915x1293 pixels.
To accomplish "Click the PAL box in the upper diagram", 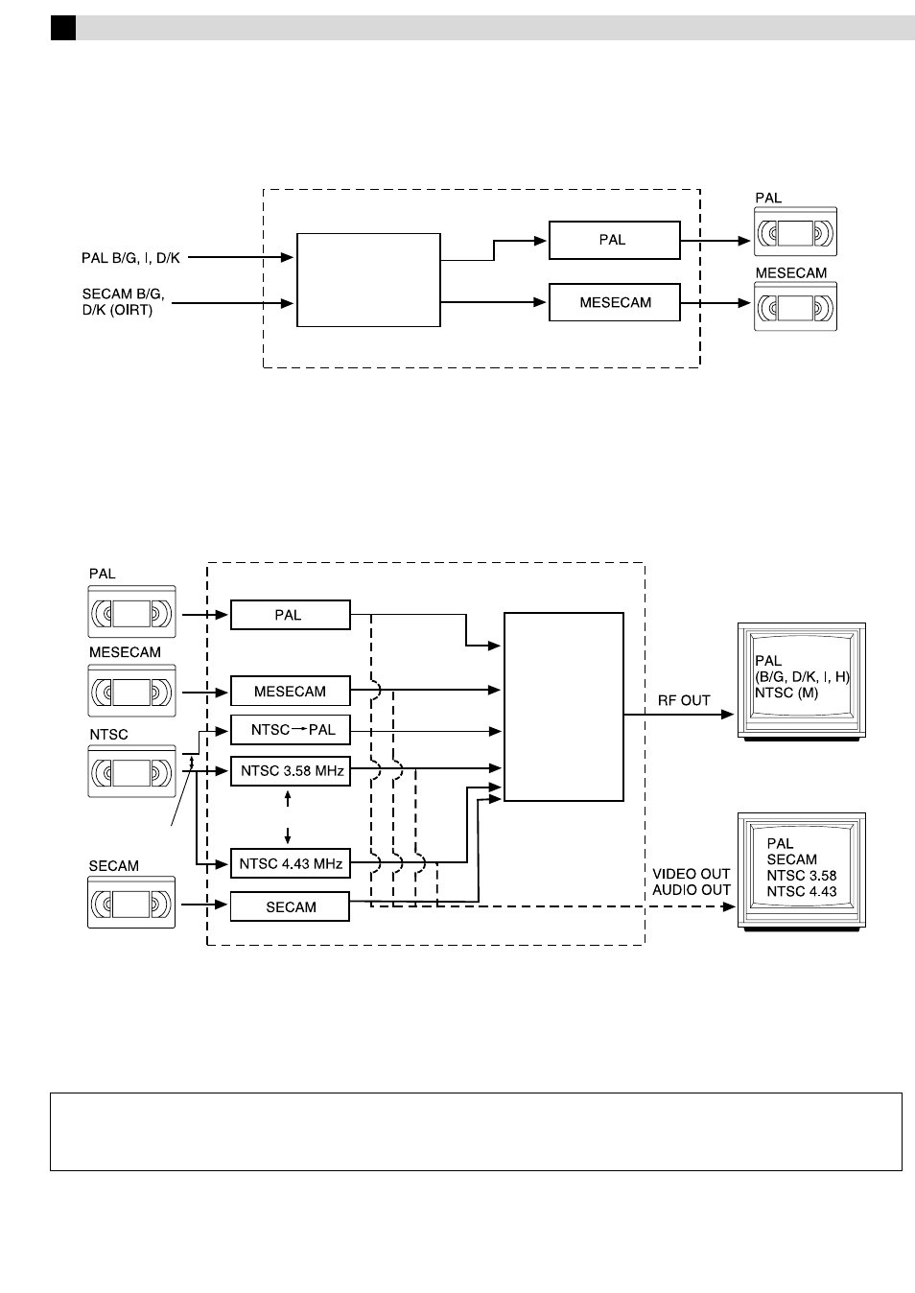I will coord(614,240).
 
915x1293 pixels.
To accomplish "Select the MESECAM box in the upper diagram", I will coord(614,302).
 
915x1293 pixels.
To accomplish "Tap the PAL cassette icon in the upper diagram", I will coord(795,232).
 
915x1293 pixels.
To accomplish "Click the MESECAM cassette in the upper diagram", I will coord(795,307).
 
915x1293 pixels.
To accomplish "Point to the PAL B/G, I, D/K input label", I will coord(130,258).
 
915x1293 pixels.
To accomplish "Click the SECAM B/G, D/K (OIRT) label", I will coord(123,302).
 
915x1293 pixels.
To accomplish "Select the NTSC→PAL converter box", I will coord(291,730).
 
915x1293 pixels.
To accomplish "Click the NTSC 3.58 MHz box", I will coord(291,771).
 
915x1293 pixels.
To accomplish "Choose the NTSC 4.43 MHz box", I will coord(291,864).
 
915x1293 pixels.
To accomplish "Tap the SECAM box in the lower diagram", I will coord(290,907).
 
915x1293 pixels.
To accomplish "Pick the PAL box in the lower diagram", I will coord(290,616).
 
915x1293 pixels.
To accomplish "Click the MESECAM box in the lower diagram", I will coord(290,692).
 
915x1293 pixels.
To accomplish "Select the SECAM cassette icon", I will coord(132,903).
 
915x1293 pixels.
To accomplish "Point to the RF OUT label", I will coord(684,701).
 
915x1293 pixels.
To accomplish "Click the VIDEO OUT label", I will coord(692,874).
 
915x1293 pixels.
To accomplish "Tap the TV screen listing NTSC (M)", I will coord(801,680).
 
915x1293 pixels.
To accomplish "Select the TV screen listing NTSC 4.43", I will coord(801,870).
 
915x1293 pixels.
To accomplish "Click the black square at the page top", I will coord(63,29).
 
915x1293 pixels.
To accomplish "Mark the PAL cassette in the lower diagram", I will coord(132,611).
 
